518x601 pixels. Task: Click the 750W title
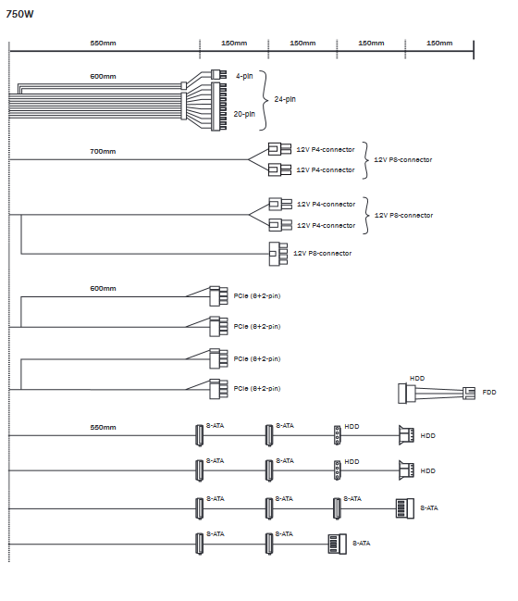click(x=20, y=14)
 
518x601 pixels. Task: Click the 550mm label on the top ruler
click(x=103, y=43)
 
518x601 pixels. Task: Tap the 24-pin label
click(x=285, y=99)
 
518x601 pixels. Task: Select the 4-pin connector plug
click(x=218, y=74)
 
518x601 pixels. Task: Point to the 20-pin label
click(x=244, y=114)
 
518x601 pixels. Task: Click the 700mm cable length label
click(x=103, y=151)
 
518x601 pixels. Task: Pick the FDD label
click(x=489, y=392)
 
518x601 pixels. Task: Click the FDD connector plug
click(x=469, y=393)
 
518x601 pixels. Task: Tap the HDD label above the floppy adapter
click(x=417, y=379)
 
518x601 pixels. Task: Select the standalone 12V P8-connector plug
click(x=278, y=254)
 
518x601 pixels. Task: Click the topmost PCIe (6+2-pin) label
click(x=257, y=296)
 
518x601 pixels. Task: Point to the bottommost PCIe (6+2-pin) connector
click(x=218, y=389)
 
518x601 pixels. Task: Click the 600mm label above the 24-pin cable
click(x=103, y=76)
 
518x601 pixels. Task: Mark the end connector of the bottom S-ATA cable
click(x=338, y=544)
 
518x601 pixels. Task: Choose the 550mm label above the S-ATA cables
click(x=103, y=428)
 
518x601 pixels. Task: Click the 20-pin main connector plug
click(x=218, y=106)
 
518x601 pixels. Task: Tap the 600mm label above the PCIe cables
click(x=103, y=288)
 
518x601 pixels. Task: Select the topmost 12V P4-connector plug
click(x=279, y=149)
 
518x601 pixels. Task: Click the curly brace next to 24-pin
click(x=264, y=100)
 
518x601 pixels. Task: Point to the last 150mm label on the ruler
click(x=439, y=43)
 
